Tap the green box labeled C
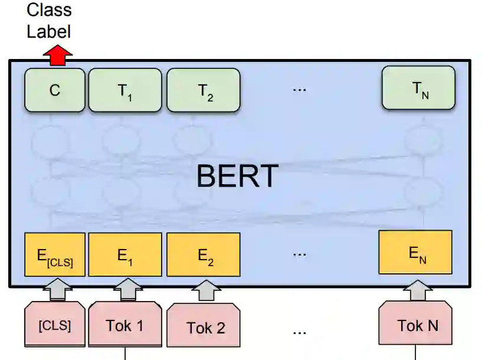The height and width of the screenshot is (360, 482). pyautogui.click(x=55, y=90)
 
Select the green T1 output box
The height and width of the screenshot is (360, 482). pyautogui.click(x=124, y=90)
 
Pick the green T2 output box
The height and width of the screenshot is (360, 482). pyautogui.click(x=203, y=90)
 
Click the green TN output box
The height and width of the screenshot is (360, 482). pyautogui.click(x=418, y=88)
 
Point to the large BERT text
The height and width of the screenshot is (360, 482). pyautogui.click(x=237, y=176)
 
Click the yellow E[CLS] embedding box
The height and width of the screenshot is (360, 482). pyautogui.click(x=55, y=255)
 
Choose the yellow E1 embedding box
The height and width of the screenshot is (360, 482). pyautogui.click(x=124, y=255)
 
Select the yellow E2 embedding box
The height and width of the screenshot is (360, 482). pyautogui.click(x=203, y=255)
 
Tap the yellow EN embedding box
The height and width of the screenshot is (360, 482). pyautogui.click(x=415, y=253)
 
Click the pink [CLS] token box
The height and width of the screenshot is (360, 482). pyautogui.click(x=54, y=324)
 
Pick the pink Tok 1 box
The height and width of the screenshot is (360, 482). pyautogui.click(x=124, y=324)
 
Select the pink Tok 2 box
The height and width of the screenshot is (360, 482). pyautogui.click(x=204, y=326)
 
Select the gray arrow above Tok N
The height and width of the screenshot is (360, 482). pyautogui.click(x=418, y=289)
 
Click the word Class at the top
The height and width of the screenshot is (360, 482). pyautogui.click(x=49, y=10)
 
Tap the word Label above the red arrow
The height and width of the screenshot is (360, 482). pyautogui.click(x=48, y=31)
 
